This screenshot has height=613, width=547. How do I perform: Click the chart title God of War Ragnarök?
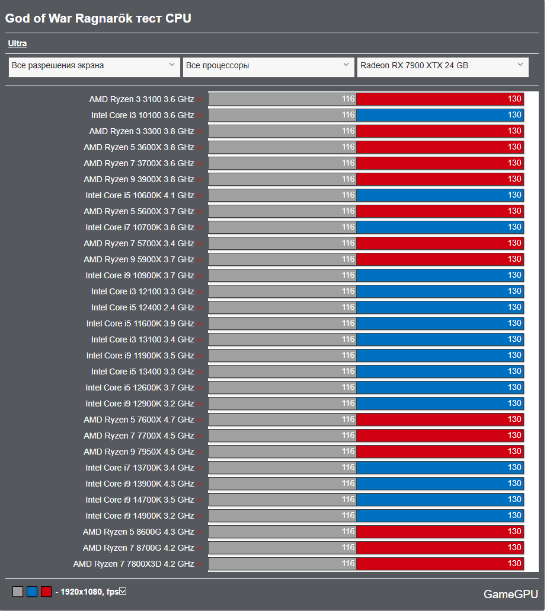[98, 18]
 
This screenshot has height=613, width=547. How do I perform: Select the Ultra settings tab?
[17, 43]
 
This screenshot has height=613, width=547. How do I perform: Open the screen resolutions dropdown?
[94, 66]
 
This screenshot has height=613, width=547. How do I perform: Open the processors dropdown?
[268, 66]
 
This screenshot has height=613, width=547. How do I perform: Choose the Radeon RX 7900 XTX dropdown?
[442, 66]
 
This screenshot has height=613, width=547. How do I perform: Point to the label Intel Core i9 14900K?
[139, 516]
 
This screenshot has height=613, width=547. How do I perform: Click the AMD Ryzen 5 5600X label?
[139, 211]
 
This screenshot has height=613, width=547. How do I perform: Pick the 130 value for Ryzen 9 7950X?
[514, 452]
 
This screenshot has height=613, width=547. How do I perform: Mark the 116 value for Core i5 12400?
[348, 307]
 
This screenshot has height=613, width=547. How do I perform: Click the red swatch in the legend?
[46, 592]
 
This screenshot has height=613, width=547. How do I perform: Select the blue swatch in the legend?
[32, 592]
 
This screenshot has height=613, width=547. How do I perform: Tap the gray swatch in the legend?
[18, 592]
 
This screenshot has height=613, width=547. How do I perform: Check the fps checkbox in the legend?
[123, 591]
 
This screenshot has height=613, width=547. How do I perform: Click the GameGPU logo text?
[510, 594]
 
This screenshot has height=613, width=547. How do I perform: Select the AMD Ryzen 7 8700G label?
[138, 548]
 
